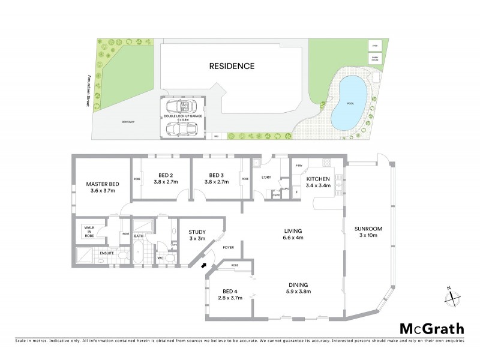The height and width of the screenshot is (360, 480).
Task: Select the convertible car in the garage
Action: pyautogui.click(x=181, y=108)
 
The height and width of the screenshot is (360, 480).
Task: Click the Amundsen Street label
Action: pyautogui.click(x=89, y=90)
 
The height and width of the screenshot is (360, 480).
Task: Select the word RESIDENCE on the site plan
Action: pyautogui.click(x=232, y=66)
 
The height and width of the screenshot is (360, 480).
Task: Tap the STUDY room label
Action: pyautogui.click(x=197, y=232)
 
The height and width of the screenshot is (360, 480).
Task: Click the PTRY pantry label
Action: pyautogui.click(x=298, y=166)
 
